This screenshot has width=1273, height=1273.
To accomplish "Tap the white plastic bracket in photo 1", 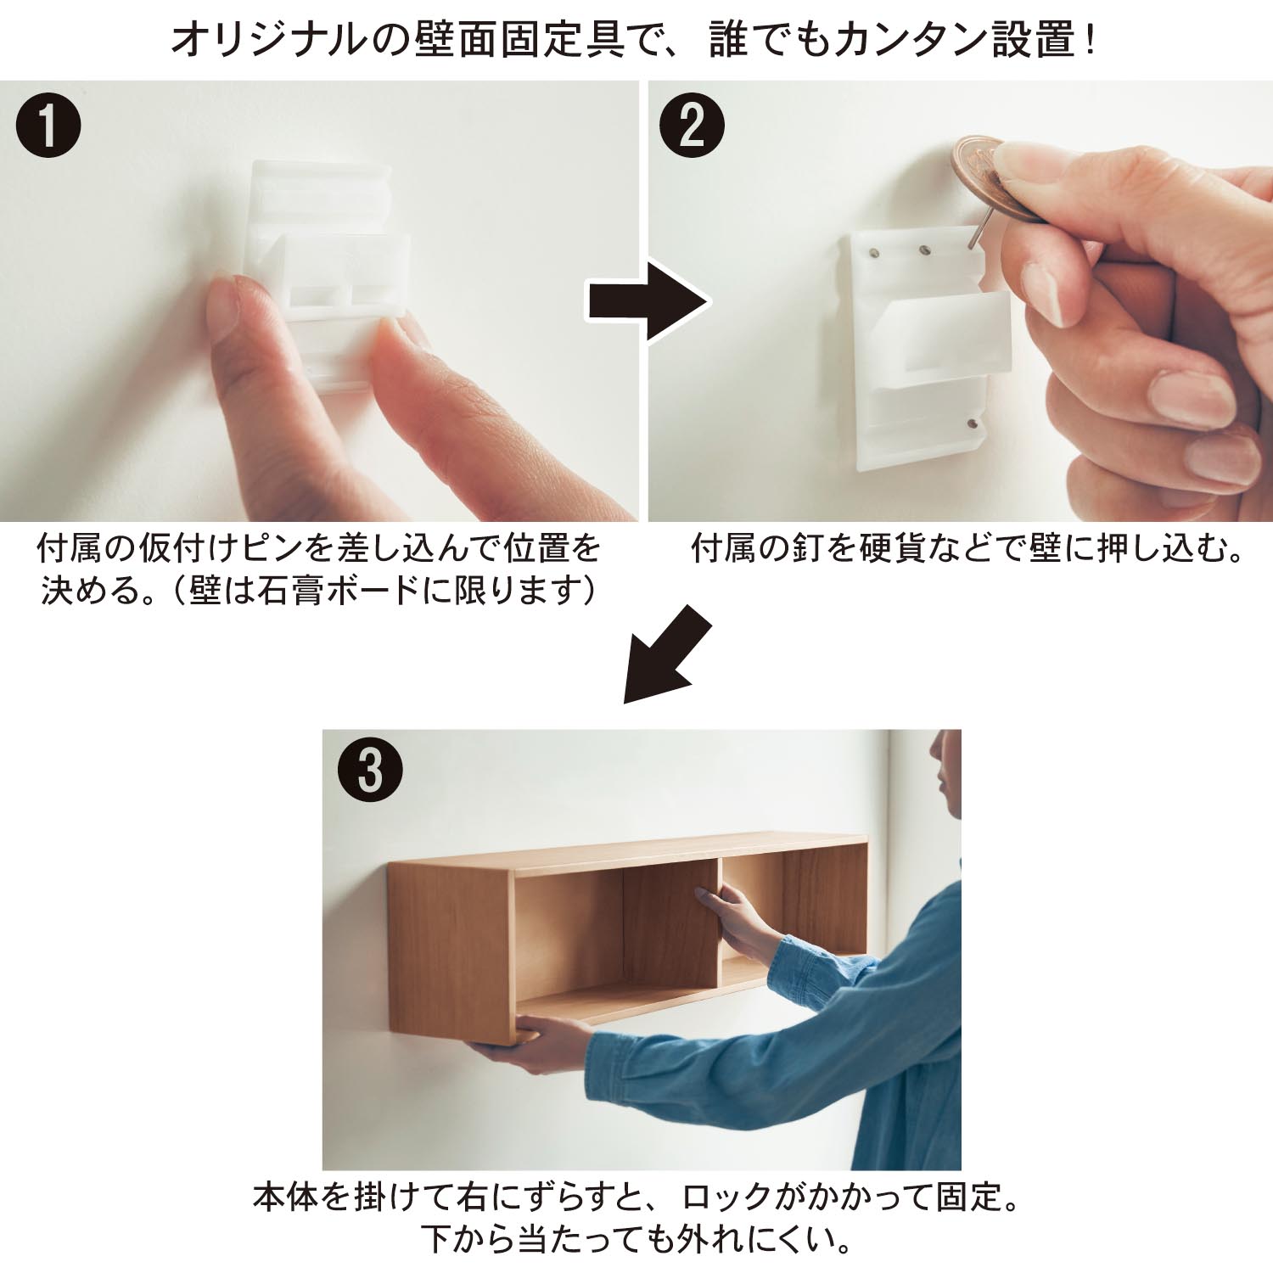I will [327, 255].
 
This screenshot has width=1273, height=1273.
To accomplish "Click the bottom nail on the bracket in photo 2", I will [973, 423].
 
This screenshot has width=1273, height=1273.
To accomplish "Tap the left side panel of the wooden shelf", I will [450, 951].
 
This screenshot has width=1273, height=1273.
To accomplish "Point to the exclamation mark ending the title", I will [1090, 41].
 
